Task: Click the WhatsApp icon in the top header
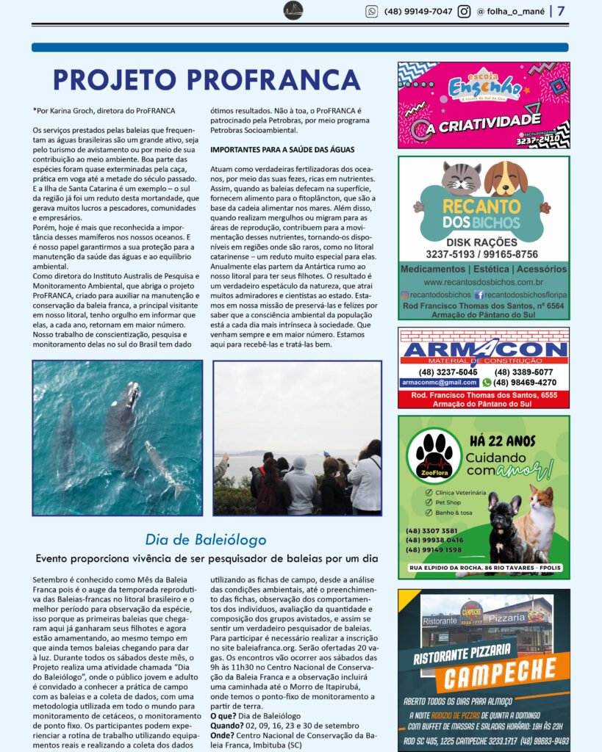click(x=372, y=11)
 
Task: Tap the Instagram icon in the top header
click(x=465, y=11)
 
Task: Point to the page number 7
click(x=561, y=11)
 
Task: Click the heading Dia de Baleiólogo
click(x=206, y=540)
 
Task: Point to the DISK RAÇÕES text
click(x=483, y=242)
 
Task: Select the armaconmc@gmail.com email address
click(x=439, y=383)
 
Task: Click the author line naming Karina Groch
click(x=104, y=110)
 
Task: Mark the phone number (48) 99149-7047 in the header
click(x=418, y=11)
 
